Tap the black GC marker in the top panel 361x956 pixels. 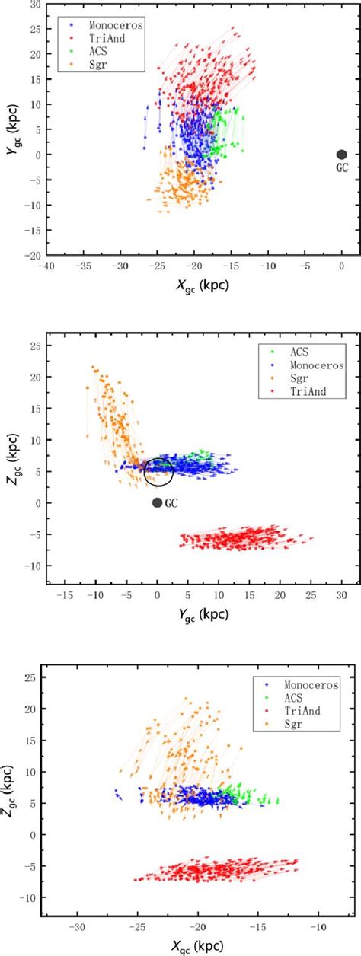pyautogui.click(x=341, y=155)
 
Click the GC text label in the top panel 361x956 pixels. pyautogui.click(x=342, y=169)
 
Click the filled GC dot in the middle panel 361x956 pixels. pyautogui.click(x=157, y=502)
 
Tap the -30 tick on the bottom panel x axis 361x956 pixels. pyautogui.click(x=77, y=927)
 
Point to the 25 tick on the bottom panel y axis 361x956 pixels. pyautogui.click(x=30, y=677)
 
